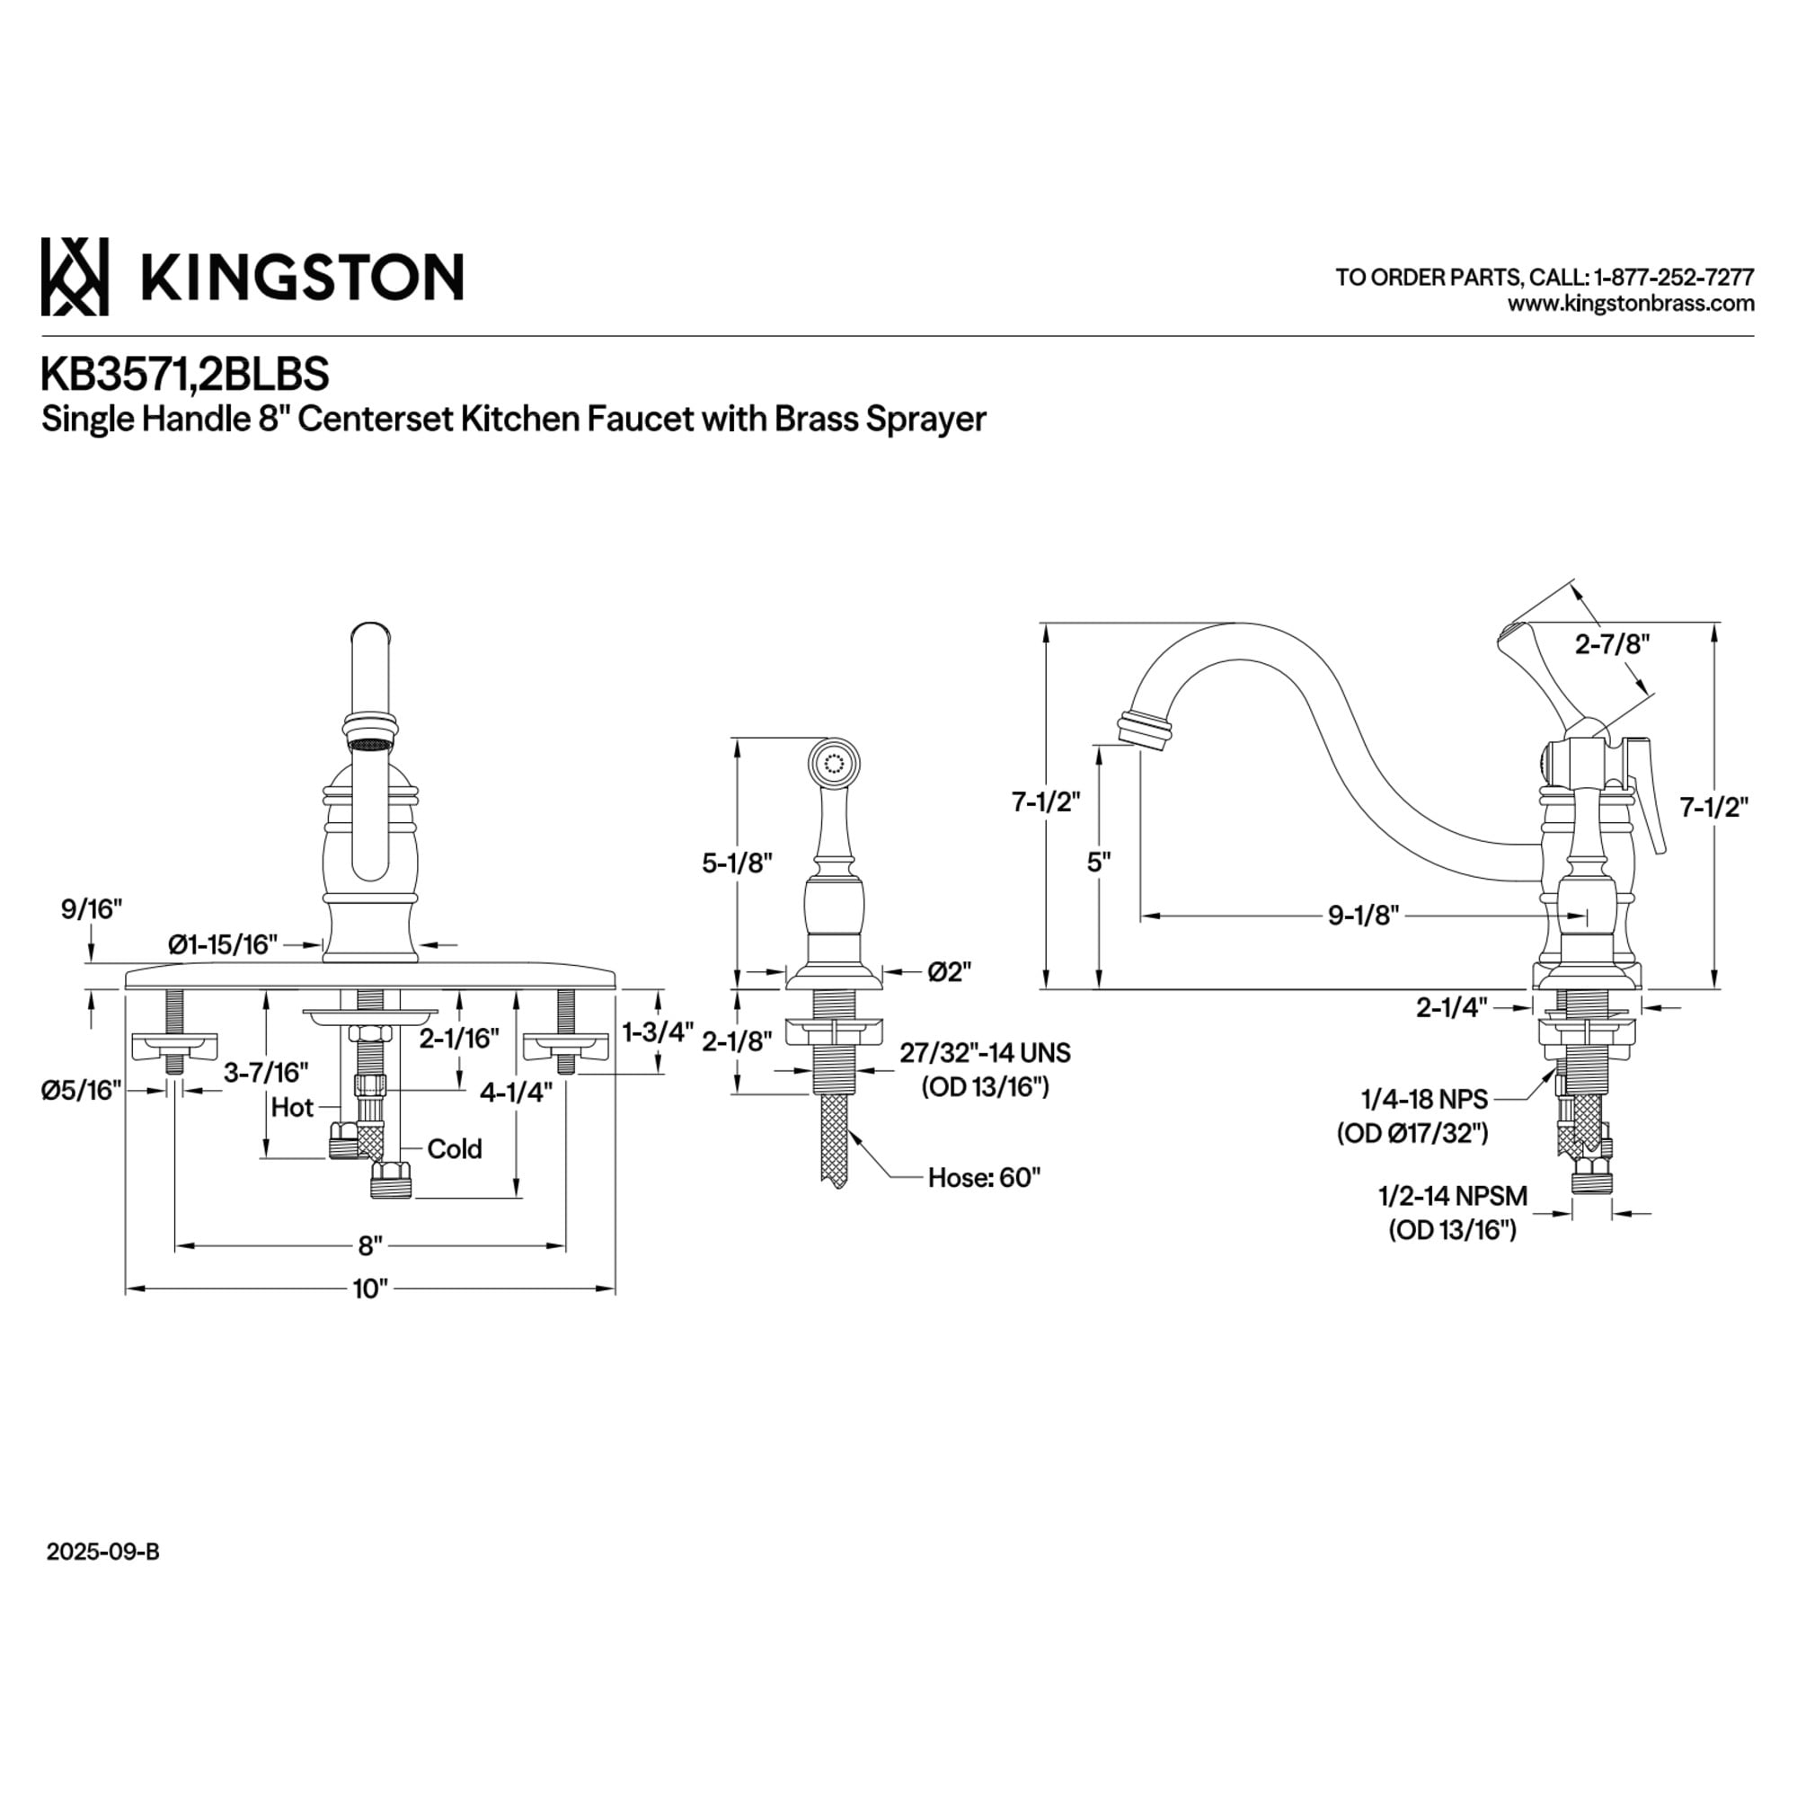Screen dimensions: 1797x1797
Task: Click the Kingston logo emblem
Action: [75, 276]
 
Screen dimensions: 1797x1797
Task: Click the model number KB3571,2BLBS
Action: [184, 374]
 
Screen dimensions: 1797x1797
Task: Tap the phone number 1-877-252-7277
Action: [1673, 277]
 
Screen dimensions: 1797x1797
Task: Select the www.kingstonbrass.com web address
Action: [1631, 303]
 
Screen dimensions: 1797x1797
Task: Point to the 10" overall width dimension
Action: [369, 1289]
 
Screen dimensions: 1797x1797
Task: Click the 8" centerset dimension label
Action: [370, 1245]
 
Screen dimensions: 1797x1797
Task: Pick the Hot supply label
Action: [292, 1108]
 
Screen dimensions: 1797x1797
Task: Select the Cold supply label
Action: [454, 1150]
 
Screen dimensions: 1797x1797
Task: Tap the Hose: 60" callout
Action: [984, 1178]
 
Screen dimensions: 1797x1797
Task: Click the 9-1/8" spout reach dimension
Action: [1363, 916]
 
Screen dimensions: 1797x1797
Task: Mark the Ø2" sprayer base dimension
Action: [949, 972]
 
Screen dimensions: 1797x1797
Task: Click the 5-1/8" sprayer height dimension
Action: [738, 863]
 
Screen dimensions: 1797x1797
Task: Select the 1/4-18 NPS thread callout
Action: [1424, 1100]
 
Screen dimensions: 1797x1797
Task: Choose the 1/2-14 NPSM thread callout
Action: [1452, 1196]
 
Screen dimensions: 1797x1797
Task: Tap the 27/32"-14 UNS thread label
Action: [984, 1053]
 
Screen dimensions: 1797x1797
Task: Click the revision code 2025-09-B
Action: [103, 1553]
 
